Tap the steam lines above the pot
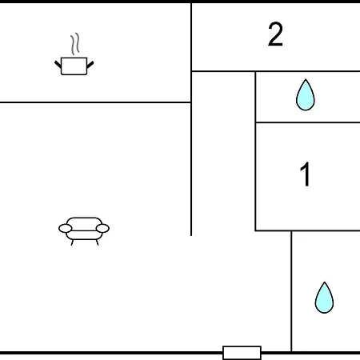[x=75, y=44]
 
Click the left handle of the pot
[x=58, y=65]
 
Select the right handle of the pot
[x=90, y=65]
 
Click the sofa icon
[x=84, y=231]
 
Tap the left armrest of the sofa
[x=66, y=229]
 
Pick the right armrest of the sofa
[x=102, y=229]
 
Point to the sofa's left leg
[x=72, y=242]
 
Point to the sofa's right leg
[x=97, y=242]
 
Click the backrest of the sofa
[x=84, y=222]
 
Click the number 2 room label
[x=275, y=34]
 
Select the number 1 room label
[x=305, y=174]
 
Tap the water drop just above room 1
[x=306, y=95]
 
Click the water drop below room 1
[x=324, y=298]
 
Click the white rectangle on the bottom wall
[x=242, y=353]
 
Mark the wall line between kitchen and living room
[x=95, y=102]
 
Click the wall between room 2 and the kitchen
[x=191, y=37]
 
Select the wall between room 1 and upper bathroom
[x=308, y=122]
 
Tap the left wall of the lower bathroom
[x=291, y=291]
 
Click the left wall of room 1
[x=255, y=177]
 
